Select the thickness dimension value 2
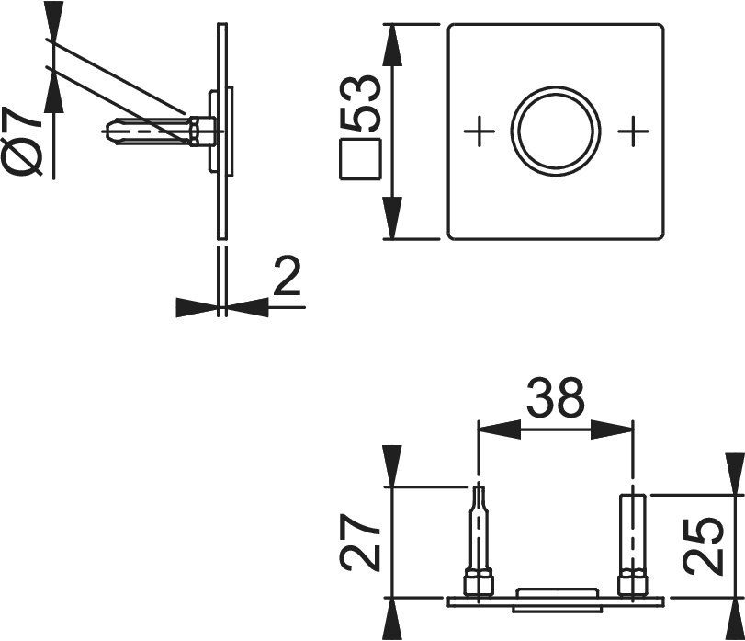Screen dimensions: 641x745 [287, 277]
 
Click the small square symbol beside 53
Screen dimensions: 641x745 [360, 159]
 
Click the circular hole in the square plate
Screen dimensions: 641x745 [556, 132]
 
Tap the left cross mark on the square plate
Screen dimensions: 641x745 [479, 132]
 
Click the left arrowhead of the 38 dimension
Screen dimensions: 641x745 [497, 429]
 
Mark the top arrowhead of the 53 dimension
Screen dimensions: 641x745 [392, 46]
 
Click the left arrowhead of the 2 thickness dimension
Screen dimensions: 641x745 [197, 306]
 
